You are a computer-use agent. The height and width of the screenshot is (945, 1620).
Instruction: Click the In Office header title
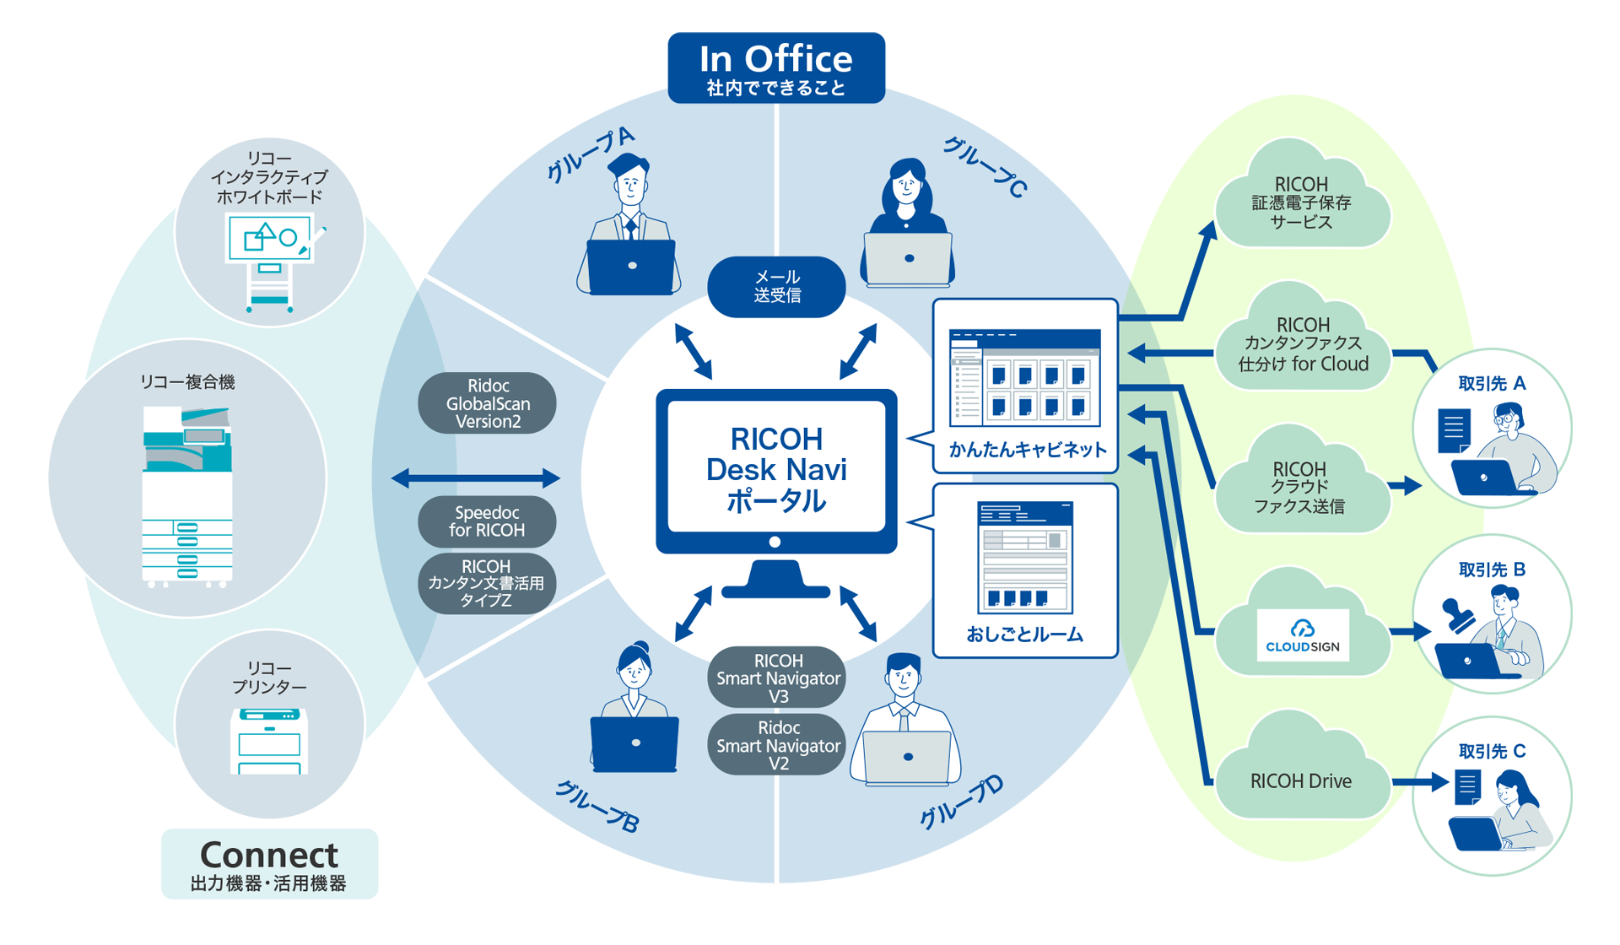(775, 59)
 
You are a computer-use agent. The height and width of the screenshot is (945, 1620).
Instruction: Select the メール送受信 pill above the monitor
(776, 287)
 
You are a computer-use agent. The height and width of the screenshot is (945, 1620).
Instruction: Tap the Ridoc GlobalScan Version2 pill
(488, 403)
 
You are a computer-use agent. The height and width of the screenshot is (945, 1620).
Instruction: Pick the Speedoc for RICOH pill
(487, 521)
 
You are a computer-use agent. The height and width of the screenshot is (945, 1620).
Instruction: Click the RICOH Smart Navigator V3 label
(778, 678)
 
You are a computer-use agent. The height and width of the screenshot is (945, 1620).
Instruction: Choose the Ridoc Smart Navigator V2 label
(778, 745)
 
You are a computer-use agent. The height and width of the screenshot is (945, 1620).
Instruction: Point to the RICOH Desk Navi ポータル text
(776, 469)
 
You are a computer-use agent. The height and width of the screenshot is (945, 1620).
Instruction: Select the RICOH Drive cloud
(1300, 781)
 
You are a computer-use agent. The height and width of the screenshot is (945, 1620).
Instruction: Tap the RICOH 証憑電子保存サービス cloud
(1301, 203)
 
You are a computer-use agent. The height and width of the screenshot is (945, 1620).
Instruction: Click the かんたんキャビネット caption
(1027, 450)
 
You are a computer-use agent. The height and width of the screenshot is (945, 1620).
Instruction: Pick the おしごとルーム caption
(1024, 634)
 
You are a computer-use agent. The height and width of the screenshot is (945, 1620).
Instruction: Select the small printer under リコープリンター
(269, 740)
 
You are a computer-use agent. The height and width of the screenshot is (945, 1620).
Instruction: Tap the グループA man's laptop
(631, 266)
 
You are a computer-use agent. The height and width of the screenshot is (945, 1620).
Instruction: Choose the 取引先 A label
(1492, 384)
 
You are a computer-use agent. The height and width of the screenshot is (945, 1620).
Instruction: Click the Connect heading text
(269, 855)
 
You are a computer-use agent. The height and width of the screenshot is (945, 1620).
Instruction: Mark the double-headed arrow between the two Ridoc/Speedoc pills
(476, 478)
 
